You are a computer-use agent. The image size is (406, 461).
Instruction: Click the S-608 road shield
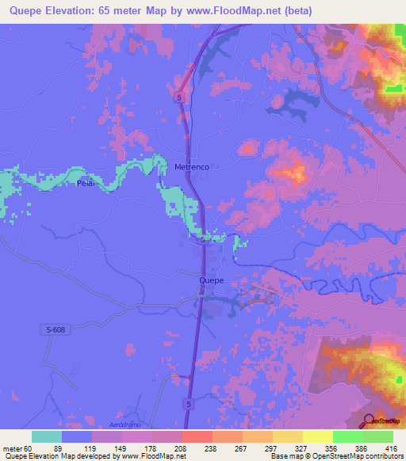point(53,327)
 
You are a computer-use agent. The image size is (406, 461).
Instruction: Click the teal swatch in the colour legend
point(47,436)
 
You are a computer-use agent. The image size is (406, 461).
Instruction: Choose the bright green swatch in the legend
point(348,436)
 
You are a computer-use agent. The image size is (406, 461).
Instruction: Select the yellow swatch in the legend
point(318,436)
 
